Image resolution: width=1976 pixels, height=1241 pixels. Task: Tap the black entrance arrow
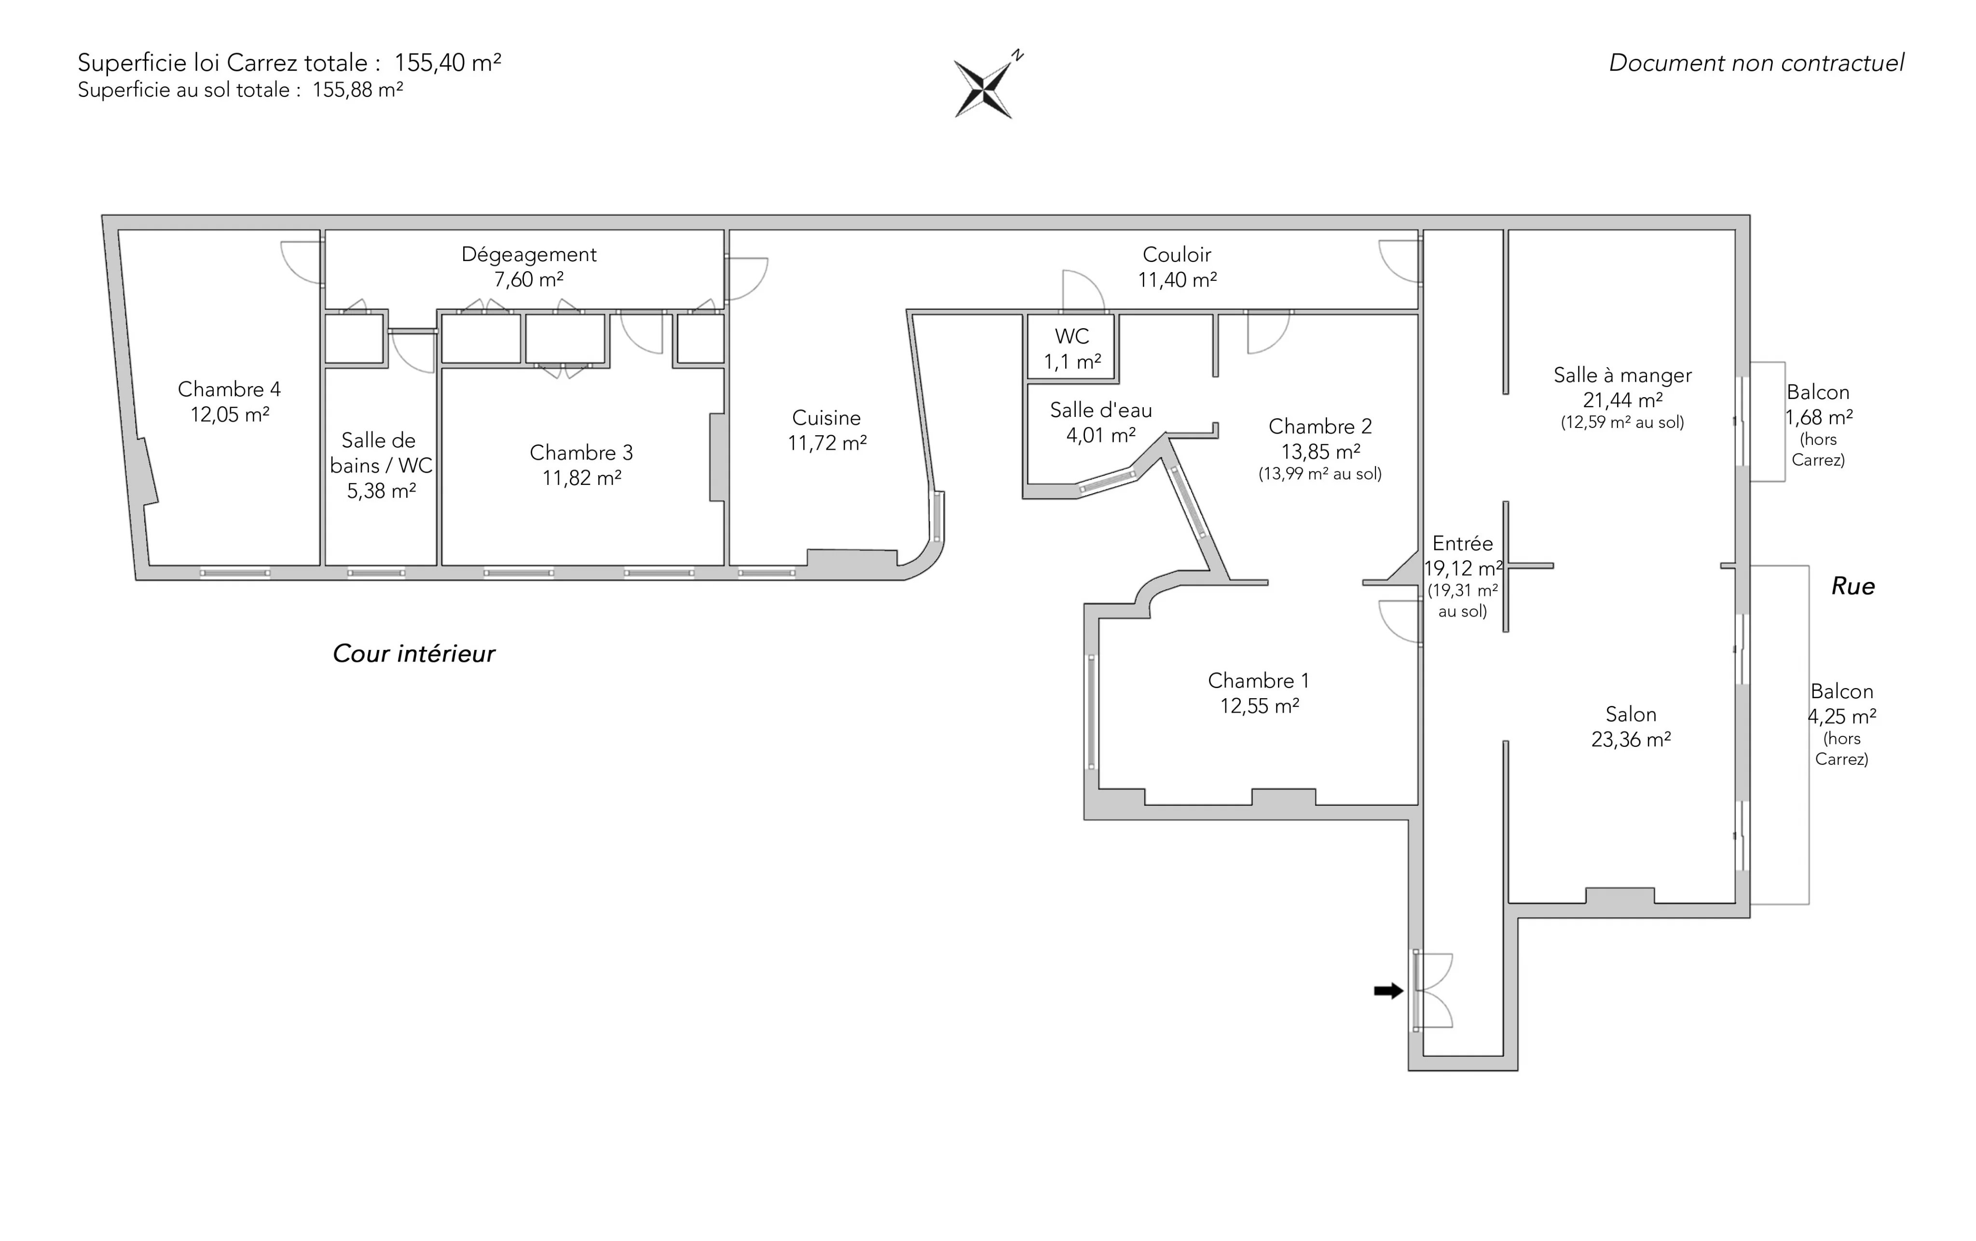point(1388,992)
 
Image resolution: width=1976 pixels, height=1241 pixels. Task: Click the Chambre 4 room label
point(229,389)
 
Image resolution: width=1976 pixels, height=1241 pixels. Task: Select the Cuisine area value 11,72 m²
point(827,443)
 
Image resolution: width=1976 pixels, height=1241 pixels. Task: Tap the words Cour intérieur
point(413,653)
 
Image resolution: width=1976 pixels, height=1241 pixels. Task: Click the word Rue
point(1853,586)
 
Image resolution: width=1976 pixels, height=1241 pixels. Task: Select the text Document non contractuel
point(1756,63)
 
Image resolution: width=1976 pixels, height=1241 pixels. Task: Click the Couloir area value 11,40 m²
point(1177,280)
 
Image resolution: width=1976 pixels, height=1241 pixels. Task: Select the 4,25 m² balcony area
point(1841,717)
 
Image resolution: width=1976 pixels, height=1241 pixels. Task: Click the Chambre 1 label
point(1259,680)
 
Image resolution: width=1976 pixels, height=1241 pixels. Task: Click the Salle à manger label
point(1622,375)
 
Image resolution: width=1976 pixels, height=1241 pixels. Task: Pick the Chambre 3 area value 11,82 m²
point(582,478)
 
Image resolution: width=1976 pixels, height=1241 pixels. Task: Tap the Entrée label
point(1462,543)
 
